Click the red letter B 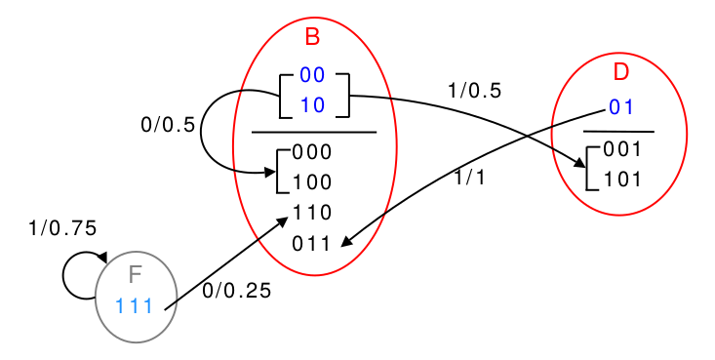click(x=312, y=37)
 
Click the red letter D click(x=621, y=72)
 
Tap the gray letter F click(x=136, y=275)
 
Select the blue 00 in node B click(x=312, y=75)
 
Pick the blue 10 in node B click(x=312, y=105)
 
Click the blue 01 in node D click(x=621, y=107)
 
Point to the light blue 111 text click(x=134, y=305)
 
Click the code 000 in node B click(x=312, y=152)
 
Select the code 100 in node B click(x=312, y=182)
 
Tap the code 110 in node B click(x=312, y=213)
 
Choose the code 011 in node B click(x=311, y=244)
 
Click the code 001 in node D click(x=622, y=149)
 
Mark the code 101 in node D click(x=622, y=180)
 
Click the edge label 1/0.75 click(x=62, y=228)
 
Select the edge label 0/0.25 click(x=237, y=291)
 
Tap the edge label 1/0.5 click(x=475, y=91)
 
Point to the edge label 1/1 click(x=469, y=178)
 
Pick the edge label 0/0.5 click(x=168, y=125)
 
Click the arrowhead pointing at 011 click(x=346, y=242)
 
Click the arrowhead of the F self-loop click(x=102, y=258)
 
